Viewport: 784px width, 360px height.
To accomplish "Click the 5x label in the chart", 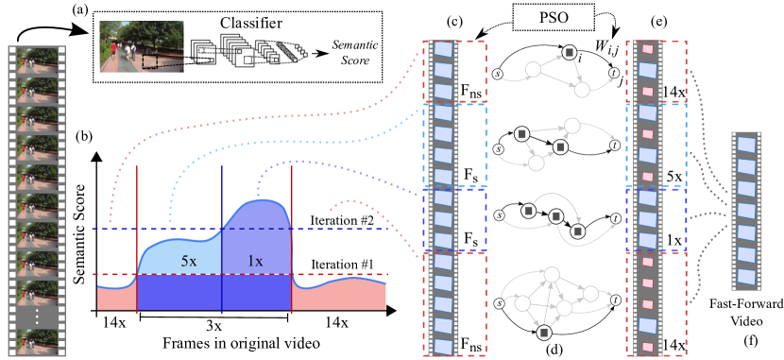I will tap(189, 260).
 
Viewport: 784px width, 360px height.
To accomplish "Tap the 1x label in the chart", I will tap(255, 260).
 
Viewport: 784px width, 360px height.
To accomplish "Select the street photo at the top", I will tap(142, 46).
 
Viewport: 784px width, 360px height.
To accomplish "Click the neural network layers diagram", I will tap(249, 51).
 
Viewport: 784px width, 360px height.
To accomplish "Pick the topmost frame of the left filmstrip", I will tap(37, 60).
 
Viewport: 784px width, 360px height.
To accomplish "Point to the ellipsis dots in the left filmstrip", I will tap(37, 317).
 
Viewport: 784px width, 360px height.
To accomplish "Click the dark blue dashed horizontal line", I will tap(113, 229).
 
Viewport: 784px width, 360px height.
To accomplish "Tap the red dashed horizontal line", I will tap(113, 275).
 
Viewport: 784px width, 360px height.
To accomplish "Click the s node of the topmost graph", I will tap(498, 73).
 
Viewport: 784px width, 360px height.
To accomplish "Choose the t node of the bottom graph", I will tap(615, 300).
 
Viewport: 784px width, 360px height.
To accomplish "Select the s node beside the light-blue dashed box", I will tap(498, 148).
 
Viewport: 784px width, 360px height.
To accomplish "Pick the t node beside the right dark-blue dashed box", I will tap(615, 218).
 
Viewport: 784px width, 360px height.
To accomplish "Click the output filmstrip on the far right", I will tap(746, 211).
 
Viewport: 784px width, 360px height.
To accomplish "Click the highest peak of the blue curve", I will tap(269, 199).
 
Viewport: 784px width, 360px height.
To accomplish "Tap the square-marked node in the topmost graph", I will tap(569, 53).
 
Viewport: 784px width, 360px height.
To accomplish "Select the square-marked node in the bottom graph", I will tap(544, 332).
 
